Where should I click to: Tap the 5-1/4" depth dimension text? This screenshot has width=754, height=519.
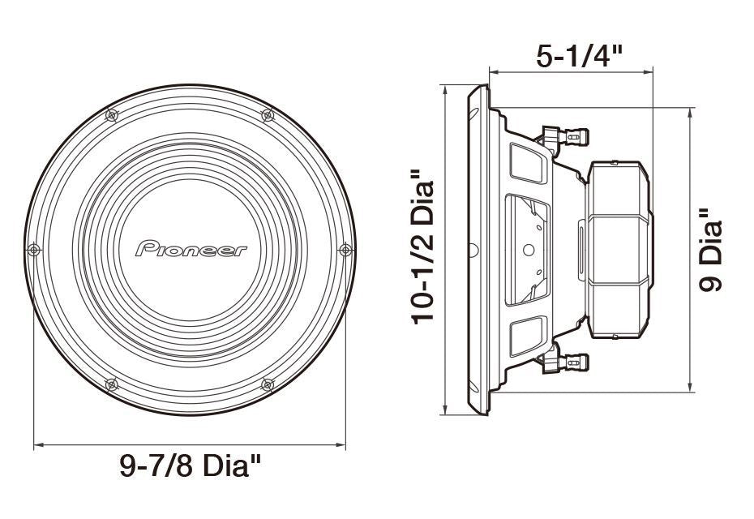point(580,56)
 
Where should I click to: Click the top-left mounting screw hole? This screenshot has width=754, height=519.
point(112,116)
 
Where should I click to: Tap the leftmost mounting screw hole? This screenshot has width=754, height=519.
point(33,248)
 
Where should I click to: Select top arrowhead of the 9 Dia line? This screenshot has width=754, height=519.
point(690,110)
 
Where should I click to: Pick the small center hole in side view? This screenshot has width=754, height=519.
point(528,250)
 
